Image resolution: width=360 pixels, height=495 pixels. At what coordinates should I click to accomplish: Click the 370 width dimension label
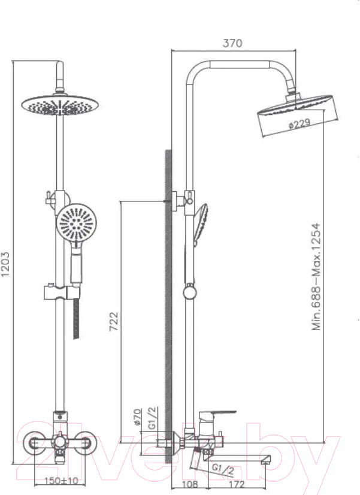pos(232,43)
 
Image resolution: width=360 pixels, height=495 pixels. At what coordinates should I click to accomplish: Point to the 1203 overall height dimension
pos(5,264)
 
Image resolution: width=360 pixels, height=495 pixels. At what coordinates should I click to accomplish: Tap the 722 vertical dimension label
pos(114,321)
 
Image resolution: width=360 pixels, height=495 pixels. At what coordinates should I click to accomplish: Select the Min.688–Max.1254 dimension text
pos(316,276)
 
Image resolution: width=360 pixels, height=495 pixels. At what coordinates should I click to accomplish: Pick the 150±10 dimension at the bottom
pos(61,481)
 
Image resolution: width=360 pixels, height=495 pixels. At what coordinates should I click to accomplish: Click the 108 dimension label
pos(190,484)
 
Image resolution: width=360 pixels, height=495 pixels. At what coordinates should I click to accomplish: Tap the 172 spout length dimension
pos(237,484)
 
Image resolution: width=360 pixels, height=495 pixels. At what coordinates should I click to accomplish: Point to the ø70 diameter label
pos(138,416)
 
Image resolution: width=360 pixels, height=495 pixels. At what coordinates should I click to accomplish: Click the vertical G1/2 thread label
pos(153,418)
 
